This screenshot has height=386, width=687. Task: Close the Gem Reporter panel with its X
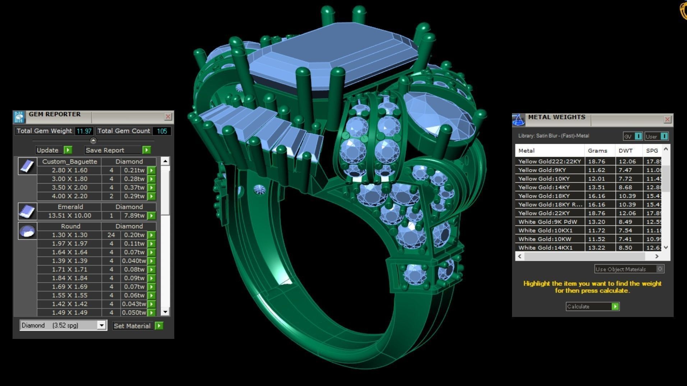click(x=168, y=116)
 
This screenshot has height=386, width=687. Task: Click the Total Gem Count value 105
click(x=162, y=131)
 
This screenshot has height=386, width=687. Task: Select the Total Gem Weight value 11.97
click(x=84, y=131)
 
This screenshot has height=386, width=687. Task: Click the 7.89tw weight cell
click(x=134, y=216)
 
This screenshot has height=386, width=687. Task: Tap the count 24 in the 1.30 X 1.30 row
click(x=111, y=235)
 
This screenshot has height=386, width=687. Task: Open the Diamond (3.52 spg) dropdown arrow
click(x=102, y=325)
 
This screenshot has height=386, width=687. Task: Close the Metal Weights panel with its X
click(x=667, y=119)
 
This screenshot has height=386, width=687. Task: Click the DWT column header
click(x=626, y=151)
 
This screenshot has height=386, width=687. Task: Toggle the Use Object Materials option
click(x=660, y=269)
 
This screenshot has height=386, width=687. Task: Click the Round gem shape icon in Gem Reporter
click(x=27, y=231)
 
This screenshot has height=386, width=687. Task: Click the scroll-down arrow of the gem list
click(x=165, y=312)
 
